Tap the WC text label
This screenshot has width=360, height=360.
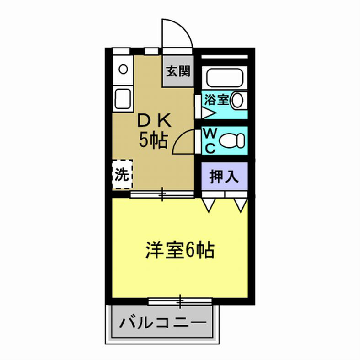pos(210,140)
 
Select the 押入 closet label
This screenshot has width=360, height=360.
pos(224,177)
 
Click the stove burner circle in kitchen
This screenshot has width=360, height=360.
pos(123,70)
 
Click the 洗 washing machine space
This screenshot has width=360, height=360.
pos(122,174)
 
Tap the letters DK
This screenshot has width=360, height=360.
pos(155,121)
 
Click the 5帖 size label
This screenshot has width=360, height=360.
pos(153,140)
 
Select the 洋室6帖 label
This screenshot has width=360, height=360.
pos(180,250)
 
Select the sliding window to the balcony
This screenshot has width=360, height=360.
pos(180,301)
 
